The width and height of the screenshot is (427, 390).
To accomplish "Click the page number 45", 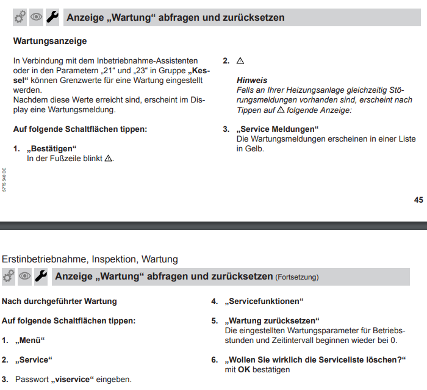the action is click(x=418, y=200).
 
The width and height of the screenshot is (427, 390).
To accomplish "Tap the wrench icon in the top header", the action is click(x=52, y=17).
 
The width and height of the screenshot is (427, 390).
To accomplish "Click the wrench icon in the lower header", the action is click(x=41, y=276).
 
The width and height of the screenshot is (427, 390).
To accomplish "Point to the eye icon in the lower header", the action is click(x=25, y=276).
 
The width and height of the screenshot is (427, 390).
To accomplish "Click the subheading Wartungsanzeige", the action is click(x=50, y=42).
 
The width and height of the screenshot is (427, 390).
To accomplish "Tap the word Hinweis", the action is click(x=251, y=81).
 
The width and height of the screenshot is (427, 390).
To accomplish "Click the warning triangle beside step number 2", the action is click(x=240, y=61).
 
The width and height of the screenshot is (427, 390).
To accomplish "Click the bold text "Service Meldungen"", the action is click(x=278, y=129).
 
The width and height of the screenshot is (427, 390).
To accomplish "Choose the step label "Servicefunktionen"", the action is click(x=264, y=301).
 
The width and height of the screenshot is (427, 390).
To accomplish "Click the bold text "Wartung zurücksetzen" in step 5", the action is click(x=272, y=320).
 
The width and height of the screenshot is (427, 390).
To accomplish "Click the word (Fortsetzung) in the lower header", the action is click(x=297, y=277).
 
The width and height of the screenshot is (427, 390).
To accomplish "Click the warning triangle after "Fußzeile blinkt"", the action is click(x=109, y=158).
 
